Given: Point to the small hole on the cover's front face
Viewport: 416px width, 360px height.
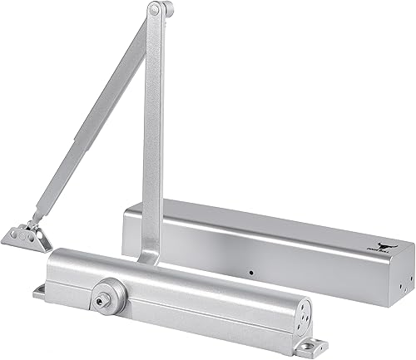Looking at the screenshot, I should [x=250, y=271].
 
